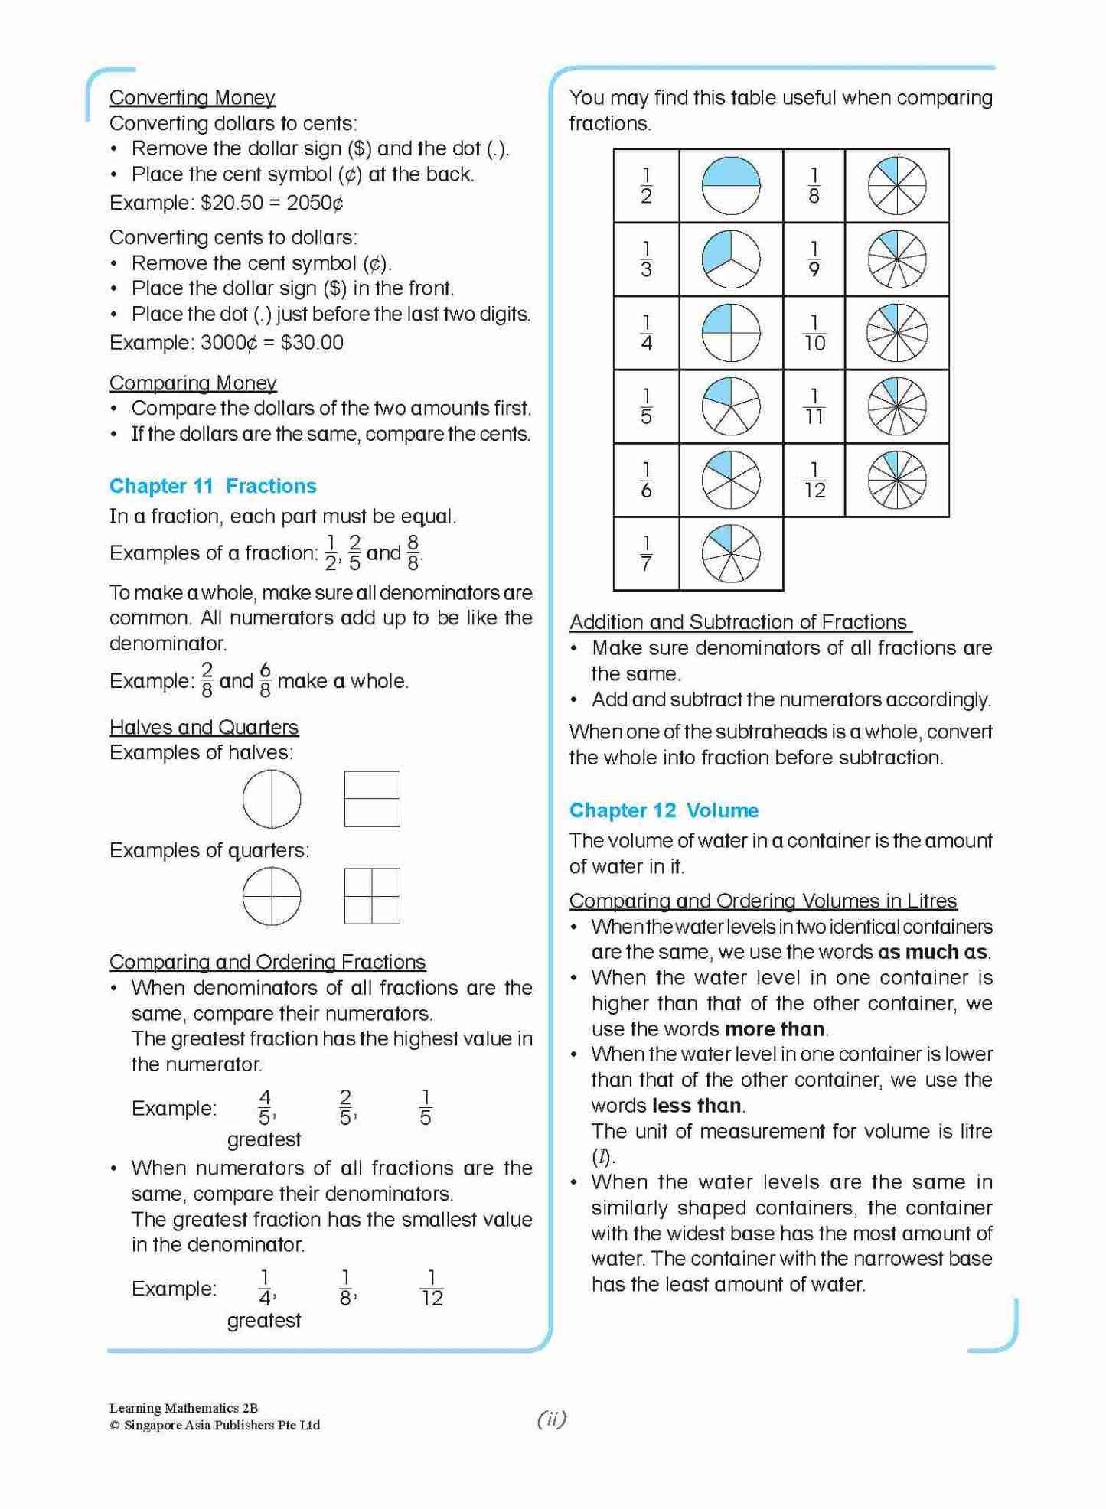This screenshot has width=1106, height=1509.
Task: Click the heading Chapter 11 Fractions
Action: [x=213, y=486]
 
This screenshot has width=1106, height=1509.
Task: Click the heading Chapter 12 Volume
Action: [x=664, y=810]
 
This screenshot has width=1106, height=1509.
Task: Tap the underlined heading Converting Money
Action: [x=192, y=97]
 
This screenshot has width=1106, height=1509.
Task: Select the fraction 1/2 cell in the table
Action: [x=646, y=186]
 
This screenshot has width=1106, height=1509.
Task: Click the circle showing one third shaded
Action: [x=731, y=259]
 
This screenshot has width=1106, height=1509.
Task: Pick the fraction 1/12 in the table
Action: [x=814, y=481]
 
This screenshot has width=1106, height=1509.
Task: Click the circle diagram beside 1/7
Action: [x=731, y=554]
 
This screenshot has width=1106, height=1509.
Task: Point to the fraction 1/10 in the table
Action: [x=814, y=334]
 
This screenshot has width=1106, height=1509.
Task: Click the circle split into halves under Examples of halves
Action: [x=272, y=799]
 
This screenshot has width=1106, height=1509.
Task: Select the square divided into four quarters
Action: [x=372, y=896]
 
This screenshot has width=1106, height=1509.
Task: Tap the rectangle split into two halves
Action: [x=372, y=799]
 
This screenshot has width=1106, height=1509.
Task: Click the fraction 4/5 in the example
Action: [x=265, y=1108]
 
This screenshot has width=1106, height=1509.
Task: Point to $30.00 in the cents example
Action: [x=312, y=342]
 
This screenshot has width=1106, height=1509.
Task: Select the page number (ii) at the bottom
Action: [x=552, y=1419]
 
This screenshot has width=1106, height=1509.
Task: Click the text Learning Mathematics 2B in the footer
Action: [x=184, y=1408]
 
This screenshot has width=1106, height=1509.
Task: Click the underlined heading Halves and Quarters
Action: [x=204, y=727]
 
